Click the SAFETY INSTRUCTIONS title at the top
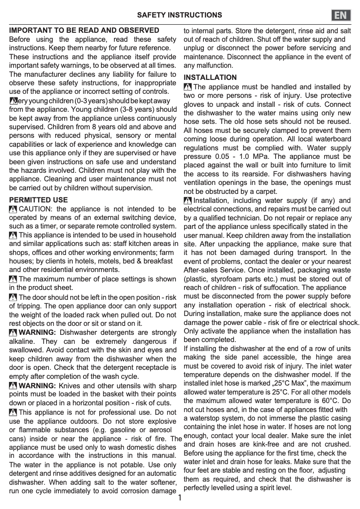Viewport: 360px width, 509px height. click(x=180, y=15)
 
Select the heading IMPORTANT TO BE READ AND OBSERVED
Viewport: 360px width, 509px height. click(x=84, y=31)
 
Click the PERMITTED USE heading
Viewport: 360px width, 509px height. click(x=39, y=200)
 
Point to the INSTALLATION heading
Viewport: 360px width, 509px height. click(x=210, y=77)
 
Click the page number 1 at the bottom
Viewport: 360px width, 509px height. click(x=180, y=498)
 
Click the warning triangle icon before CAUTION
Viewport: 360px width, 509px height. click(x=13, y=209)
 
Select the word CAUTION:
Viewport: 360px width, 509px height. click(x=36, y=209)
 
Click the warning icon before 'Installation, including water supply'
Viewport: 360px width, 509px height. click(x=188, y=201)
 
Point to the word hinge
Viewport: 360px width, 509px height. click(x=316, y=357)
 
